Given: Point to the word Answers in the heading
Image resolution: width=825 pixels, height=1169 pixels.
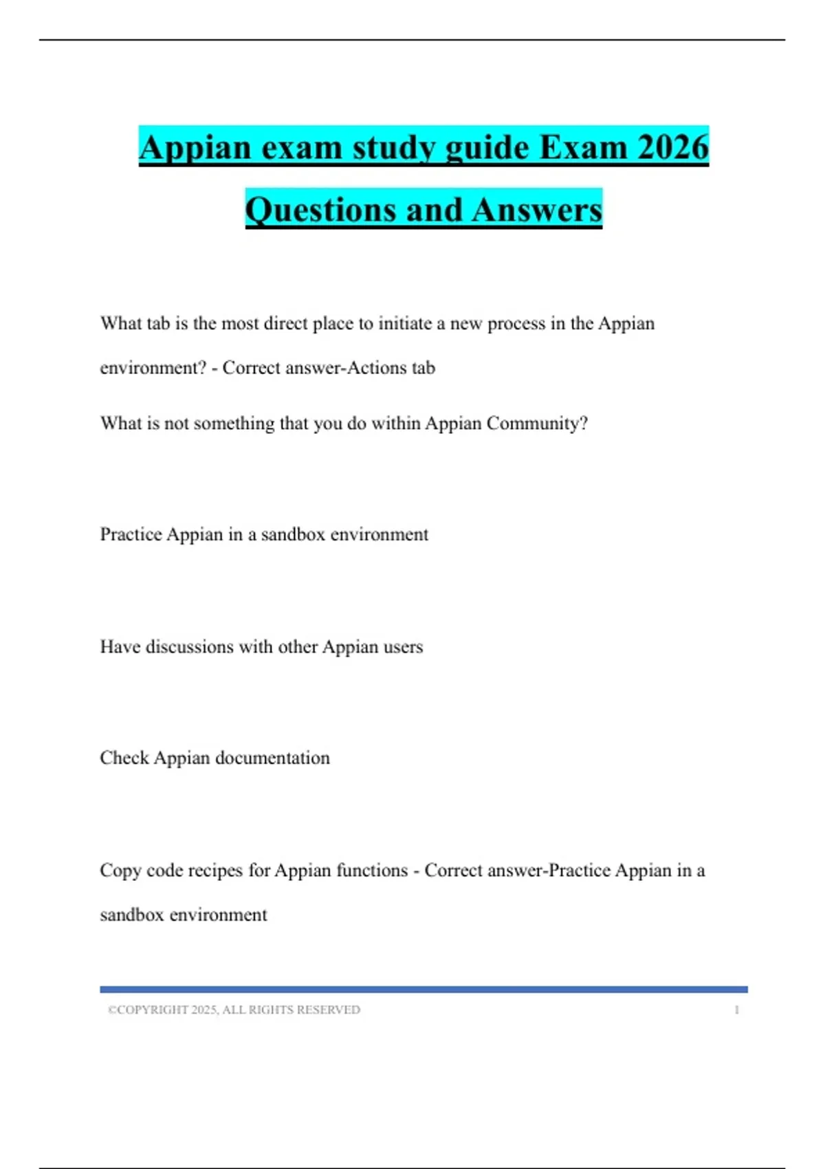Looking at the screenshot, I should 537,210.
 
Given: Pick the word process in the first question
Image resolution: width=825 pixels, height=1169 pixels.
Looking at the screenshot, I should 516,323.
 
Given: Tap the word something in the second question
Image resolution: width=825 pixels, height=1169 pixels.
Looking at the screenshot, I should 234,424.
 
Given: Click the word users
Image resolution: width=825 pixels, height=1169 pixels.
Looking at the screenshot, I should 403,647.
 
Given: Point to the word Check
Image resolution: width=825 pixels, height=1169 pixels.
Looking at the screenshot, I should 124,758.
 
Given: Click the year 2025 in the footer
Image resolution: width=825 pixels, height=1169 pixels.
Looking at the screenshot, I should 204,1009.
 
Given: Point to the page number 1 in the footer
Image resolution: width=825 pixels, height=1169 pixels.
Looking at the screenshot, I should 737,1009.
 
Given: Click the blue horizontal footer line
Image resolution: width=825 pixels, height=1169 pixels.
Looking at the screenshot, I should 423,990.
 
